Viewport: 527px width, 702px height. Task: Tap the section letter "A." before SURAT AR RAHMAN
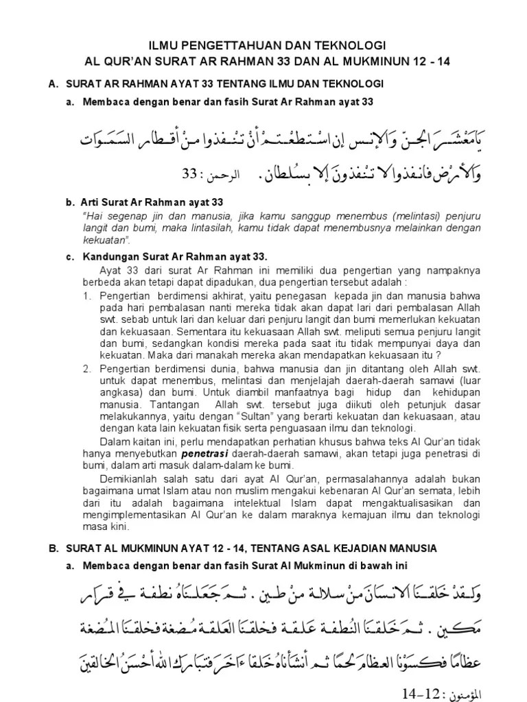pyautogui.click(x=52, y=84)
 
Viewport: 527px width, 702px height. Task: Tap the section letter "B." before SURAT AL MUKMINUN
pyautogui.click(x=52, y=548)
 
